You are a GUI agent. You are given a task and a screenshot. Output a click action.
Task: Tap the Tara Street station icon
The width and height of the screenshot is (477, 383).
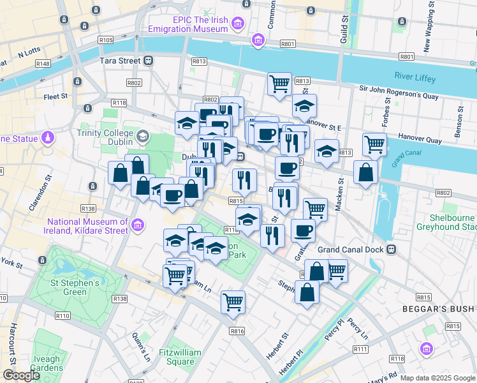point(149,60)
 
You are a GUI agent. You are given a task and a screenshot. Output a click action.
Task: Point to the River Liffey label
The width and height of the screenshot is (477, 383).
point(415,78)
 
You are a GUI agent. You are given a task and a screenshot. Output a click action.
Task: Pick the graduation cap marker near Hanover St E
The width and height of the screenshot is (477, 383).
point(305,105)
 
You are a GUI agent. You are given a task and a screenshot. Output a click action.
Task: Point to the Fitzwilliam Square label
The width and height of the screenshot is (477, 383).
point(179,357)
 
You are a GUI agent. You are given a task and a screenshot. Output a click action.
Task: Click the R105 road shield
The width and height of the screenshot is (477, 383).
point(106,40)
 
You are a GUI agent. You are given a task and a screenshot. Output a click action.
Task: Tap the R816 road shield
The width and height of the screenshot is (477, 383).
point(237,331)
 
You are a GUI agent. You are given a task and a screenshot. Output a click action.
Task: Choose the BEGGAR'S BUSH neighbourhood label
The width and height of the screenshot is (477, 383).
point(439,310)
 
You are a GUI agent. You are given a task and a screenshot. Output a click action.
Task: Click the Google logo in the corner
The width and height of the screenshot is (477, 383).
point(21,375)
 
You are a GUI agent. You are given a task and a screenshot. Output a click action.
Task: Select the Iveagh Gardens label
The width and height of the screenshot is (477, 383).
point(46,363)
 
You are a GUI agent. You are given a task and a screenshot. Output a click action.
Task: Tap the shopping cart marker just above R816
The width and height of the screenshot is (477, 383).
point(233,301)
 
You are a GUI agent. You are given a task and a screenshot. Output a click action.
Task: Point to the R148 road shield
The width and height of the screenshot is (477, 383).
point(43,63)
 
